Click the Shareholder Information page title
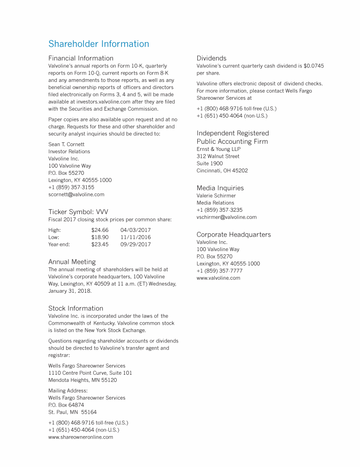[x=98, y=44]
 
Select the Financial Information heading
[x=81, y=58]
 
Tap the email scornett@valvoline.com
[x=76, y=194]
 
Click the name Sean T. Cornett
[x=66, y=144]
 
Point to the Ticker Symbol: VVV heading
[x=78, y=212]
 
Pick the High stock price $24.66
[x=100, y=230]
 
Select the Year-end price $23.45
[x=100, y=245]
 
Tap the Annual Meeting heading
[x=72, y=262]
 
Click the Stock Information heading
[x=75, y=308]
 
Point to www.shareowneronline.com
[x=81, y=437]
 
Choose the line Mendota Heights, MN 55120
[x=82, y=380]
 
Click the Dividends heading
[x=211, y=58]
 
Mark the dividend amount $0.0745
[x=314, y=66]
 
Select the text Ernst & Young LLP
[x=218, y=149]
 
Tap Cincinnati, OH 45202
[x=222, y=170]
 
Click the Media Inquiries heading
[x=220, y=188]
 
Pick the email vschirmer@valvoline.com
[x=226, y=217]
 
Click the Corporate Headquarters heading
[x=233, y=234]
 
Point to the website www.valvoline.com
[x=218, y=278]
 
